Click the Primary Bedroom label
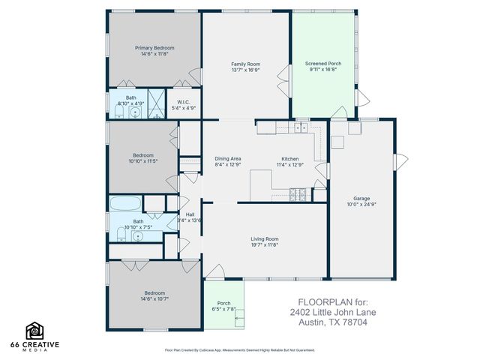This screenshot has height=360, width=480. (x=154, y=48)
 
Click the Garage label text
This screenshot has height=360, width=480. (x=361, y=199)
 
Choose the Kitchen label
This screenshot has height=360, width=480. (x=290, y=158)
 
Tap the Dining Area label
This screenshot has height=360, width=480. (x=228, y=158)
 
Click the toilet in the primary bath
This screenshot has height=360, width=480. (x=118, y=112)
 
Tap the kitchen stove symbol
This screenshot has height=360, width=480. (x=298, y=196)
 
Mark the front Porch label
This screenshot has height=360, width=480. (x=223, y=303)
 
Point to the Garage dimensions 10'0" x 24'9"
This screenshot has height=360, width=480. (x=361, y=205)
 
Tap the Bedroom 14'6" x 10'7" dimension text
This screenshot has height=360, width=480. (x=154, y=298)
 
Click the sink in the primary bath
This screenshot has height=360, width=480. (x=134, y=112)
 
